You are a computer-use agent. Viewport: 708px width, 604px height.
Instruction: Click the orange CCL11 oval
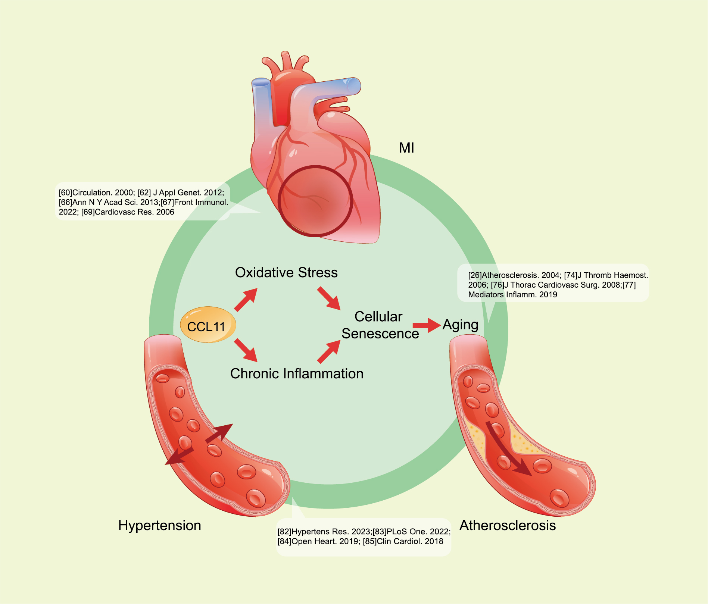click(208, 325)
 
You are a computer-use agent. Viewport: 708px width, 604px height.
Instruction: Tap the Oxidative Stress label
click(286, 273)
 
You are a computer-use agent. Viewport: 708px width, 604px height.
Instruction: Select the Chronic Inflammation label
click(297, 374)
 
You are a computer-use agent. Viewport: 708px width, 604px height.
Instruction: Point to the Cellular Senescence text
click(380, 325)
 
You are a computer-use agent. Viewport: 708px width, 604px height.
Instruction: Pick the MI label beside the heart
click(406, 148)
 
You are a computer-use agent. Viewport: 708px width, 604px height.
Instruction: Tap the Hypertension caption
click(160, 526)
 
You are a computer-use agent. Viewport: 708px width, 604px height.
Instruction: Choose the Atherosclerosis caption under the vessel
click(508, 525)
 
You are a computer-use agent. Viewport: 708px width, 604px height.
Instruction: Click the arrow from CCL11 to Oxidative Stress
click(246, 299)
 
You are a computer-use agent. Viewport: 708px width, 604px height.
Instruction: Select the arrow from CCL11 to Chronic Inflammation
click(246, 350)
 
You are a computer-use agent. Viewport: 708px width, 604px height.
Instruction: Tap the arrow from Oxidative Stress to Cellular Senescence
click(329, 298)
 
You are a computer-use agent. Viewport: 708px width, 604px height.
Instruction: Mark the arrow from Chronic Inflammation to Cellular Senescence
click(329, 351)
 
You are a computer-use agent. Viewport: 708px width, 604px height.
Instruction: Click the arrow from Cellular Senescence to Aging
click(427, 325)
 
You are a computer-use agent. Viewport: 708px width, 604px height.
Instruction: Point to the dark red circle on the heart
click(315, 201)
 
